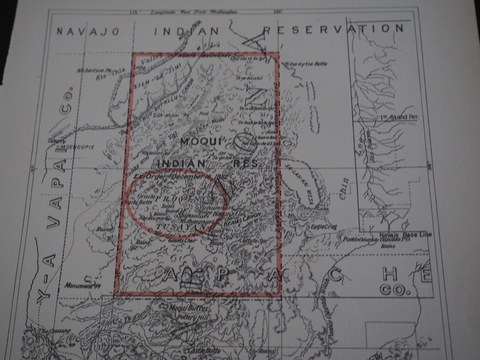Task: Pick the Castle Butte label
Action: [x=203, y=350]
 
